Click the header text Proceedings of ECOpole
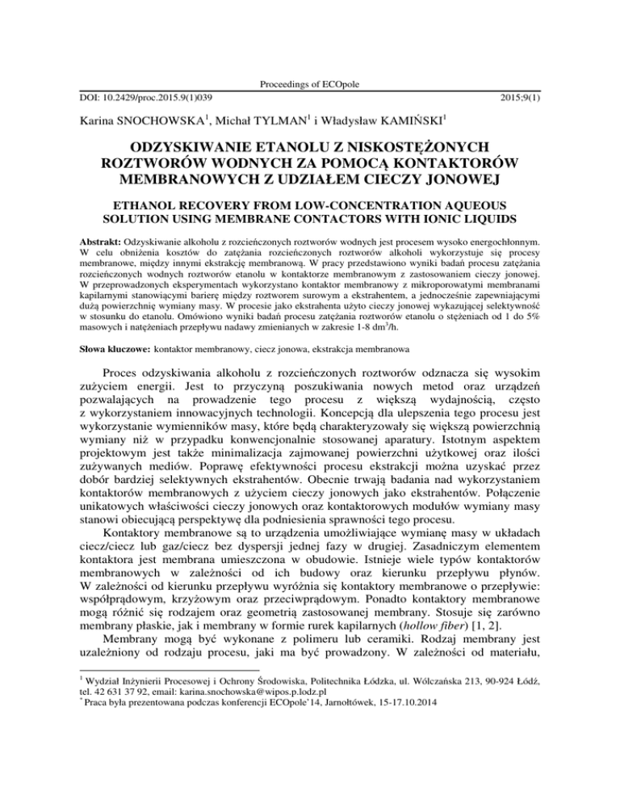coord(309,85)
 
